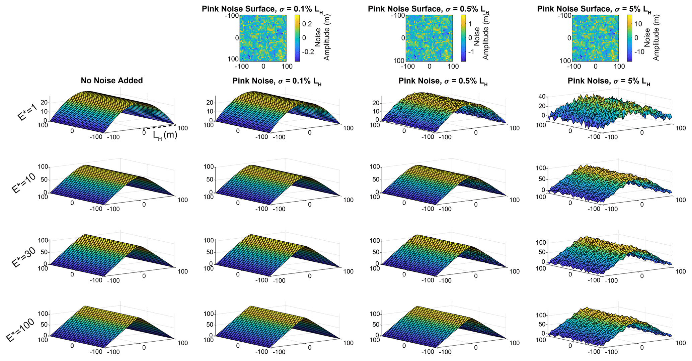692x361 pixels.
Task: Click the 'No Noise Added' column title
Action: (x=112, y=81)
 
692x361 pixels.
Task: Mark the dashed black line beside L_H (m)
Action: (x=159, y=127)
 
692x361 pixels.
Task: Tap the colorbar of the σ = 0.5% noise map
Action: (x=463, y=38)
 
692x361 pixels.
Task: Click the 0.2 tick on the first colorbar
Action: (x=308, y=24)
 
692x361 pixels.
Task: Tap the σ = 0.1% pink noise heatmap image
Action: (x=263, y=38)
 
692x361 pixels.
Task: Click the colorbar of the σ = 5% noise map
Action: (x=629, y=38)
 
